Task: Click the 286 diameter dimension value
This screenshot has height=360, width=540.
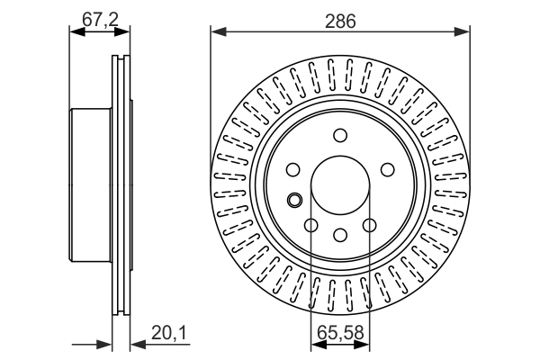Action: (x=340, y=20)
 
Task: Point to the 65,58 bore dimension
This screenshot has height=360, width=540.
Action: (x=339, y=334)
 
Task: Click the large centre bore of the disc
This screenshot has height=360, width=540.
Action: (x=340, y=186)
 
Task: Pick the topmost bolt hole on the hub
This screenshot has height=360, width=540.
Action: (x=340, y=136)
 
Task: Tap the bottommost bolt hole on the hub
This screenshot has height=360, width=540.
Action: (x=340, y=236)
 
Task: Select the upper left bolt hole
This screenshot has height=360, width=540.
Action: (x=293, y=169)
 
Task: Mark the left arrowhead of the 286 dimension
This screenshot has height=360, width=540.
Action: (x=216, y=33)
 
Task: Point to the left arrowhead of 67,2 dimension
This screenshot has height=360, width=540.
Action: (x=75, y=33)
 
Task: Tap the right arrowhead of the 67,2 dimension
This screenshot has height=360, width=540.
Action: (x=125, y=33)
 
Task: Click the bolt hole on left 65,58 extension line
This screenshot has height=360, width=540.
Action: (x=311, y=226)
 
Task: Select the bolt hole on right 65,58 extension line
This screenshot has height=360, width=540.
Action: (x=369, y=226)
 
